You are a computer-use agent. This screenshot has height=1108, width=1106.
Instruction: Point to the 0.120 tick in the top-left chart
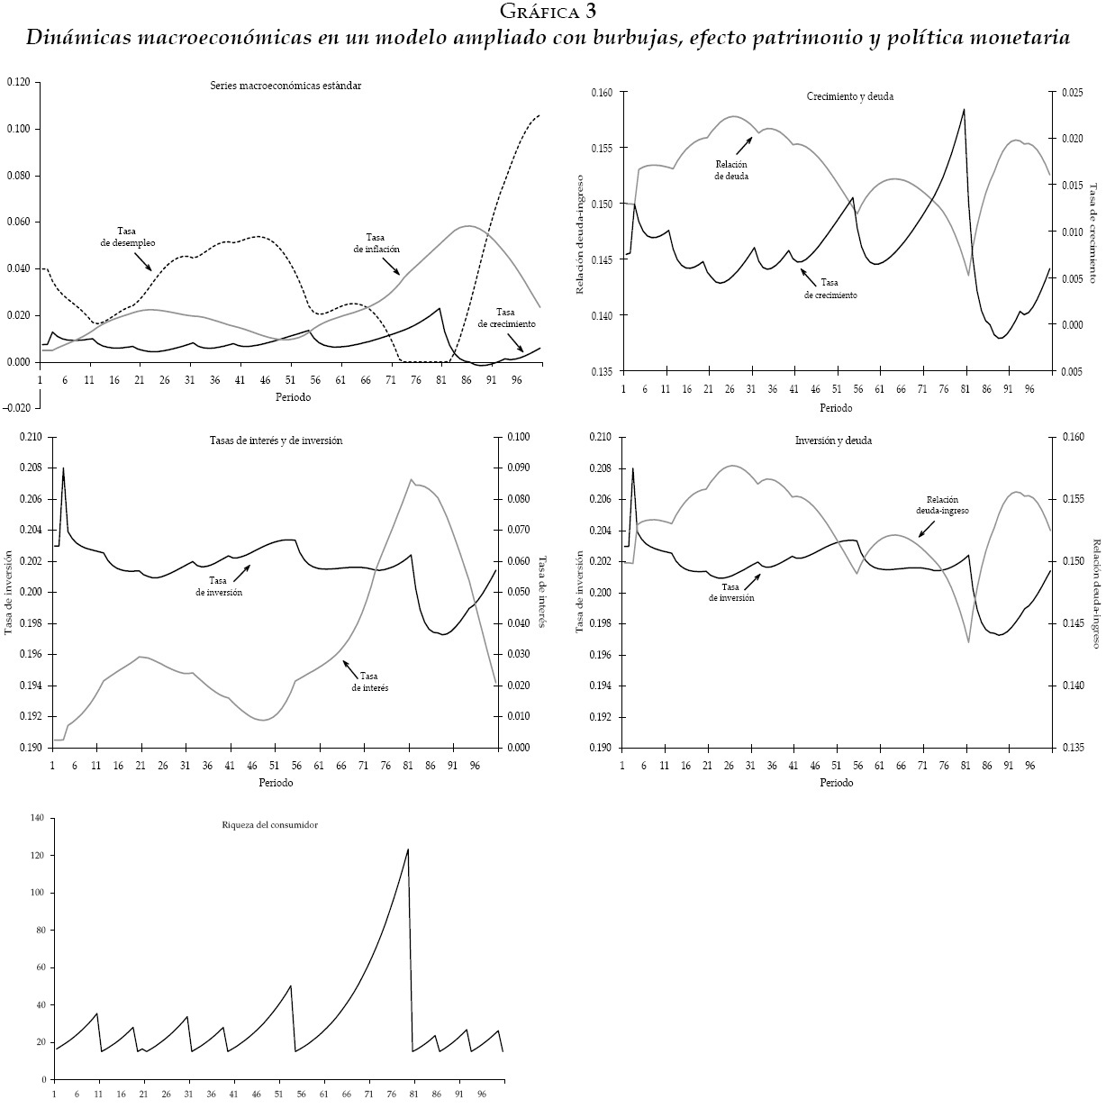(18, 83)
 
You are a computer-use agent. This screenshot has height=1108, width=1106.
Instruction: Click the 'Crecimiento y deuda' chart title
(837, 96)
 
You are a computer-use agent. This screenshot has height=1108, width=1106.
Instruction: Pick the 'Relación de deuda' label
(732, 170)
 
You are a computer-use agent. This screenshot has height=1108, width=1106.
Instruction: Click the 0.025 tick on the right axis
(1071, 93)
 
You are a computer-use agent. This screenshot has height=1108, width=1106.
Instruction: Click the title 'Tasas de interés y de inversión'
(269, 440)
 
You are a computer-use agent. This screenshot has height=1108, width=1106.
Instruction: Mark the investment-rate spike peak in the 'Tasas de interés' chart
(63, 468)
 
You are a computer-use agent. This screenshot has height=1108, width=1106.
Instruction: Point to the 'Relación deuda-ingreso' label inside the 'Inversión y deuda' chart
(941, 504)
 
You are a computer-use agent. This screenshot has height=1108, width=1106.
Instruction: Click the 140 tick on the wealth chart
(37, 818)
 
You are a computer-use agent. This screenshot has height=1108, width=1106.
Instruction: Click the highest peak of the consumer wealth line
(408, 849)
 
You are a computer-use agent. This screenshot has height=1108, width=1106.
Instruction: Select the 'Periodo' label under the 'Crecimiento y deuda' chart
(836, 407)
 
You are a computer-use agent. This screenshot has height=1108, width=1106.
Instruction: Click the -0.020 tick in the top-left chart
(16, 408)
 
